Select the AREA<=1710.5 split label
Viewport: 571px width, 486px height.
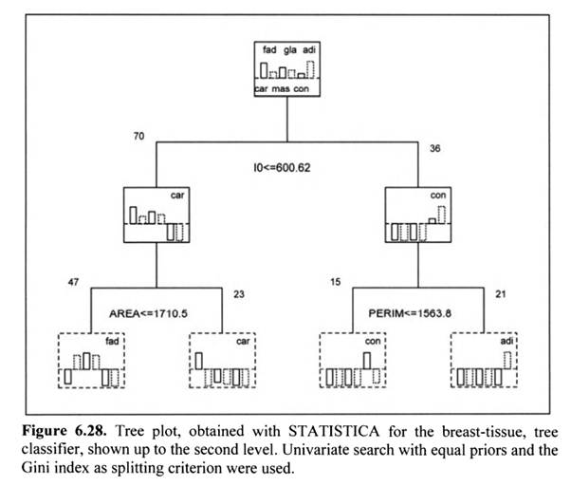pyautogui.click(x=156, y=312)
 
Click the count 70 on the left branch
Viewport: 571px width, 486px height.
pyautogui.click(x=138, y=138)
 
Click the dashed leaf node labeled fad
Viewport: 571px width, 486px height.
pyautogui.click(x=90, y=361)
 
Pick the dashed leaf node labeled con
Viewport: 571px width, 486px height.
pyautogui.click(x=353, y=361)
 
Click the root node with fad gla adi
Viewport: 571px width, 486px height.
pyautogui.click(x=287, y=69)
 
